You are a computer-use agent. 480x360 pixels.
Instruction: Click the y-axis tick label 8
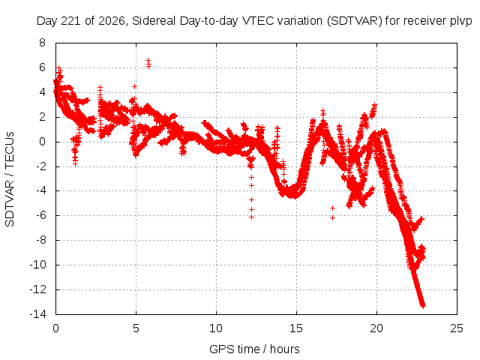[42, 43]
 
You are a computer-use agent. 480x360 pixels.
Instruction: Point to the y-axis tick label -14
[37, 314]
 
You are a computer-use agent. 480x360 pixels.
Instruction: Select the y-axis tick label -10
[37, 265]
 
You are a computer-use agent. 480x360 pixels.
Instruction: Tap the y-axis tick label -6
[40, 215]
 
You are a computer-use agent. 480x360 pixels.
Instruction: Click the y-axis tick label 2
[42, 117]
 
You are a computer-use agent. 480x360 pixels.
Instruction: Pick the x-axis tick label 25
[457, 328]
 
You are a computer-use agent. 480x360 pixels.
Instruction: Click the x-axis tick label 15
[296, 328]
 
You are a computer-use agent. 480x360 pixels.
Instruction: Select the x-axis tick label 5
[136, 328]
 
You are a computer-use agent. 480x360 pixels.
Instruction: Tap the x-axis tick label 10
[216, 328]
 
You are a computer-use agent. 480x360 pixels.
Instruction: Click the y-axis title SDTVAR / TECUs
[10, 179]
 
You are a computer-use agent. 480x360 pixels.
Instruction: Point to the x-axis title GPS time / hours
[254, 349]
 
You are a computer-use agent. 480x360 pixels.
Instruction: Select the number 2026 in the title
[112, 21]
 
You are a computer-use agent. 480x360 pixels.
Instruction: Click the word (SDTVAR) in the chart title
[355, 21]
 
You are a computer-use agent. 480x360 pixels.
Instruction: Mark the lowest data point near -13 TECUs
[424, 305]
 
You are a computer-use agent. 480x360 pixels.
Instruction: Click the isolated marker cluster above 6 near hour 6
[148, 63]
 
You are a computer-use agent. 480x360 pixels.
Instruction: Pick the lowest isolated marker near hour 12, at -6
[252, 217]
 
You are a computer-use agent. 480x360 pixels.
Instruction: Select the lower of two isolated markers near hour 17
[332, 218]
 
